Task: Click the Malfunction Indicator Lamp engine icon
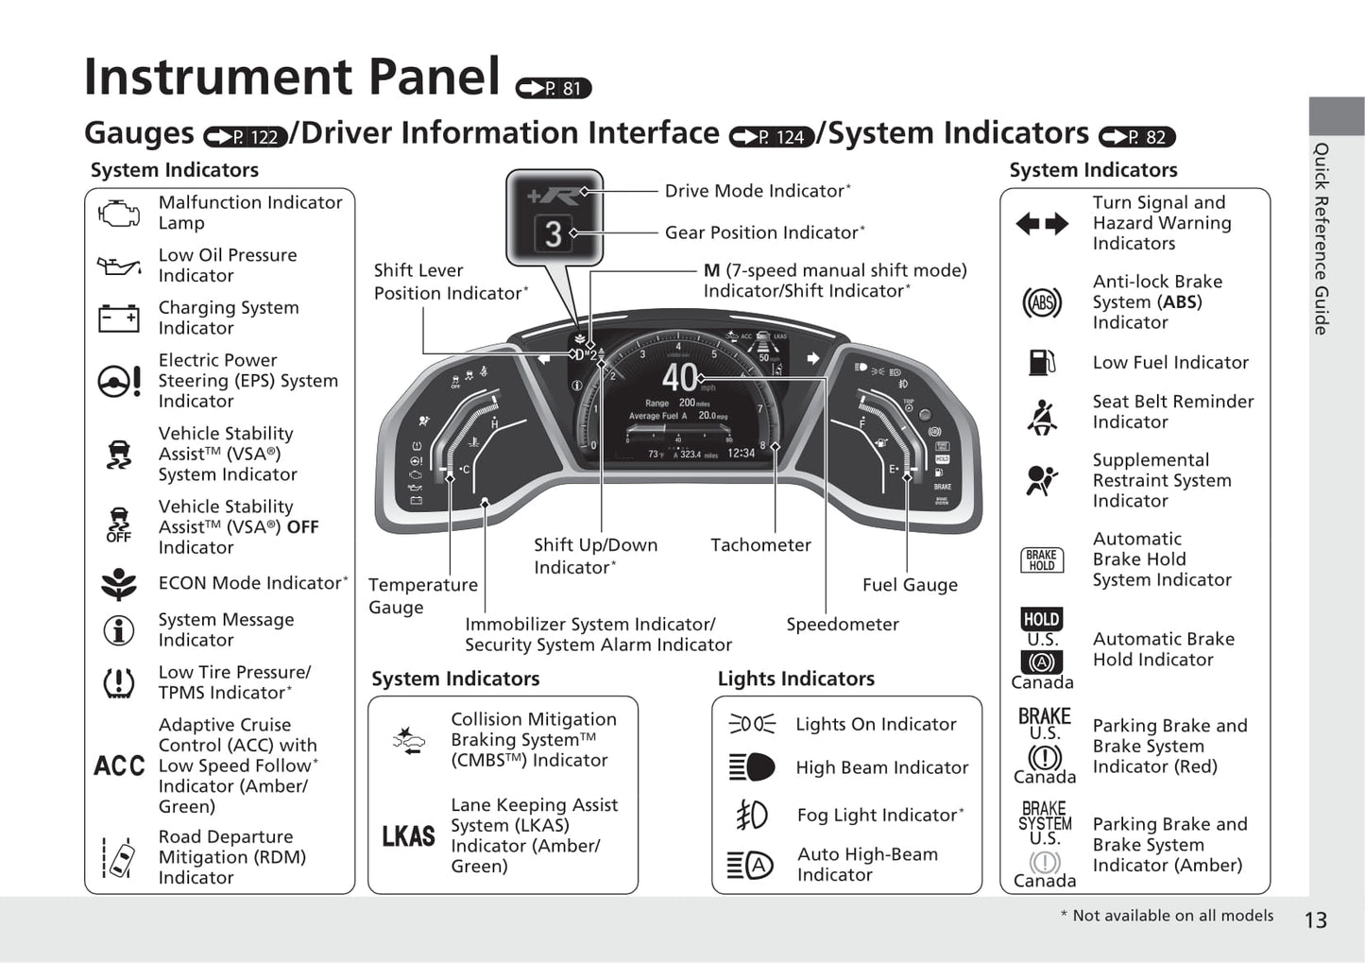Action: tap(119, 213)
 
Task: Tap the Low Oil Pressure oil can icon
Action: tap(119, 266)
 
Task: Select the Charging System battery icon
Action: tap(119, 318)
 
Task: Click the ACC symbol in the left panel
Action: tap(119, 765)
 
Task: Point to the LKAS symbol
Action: tap(408, 836)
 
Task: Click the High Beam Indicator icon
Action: tap(752, 767)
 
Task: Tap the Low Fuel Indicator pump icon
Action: tap(1041, 362)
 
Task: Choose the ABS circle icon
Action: tap(1042, 302)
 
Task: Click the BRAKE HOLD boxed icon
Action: tap(1042, 560)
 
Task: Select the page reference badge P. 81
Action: tap(554, 88)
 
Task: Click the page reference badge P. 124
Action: tap(772, 137)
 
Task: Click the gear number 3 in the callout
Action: tap(554, 232)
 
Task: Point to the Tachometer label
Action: tap(760, 545)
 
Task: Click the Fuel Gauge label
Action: tap(910, 585)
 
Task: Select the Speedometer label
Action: tap(843, 625)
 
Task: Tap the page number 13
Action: tap(1315, 920)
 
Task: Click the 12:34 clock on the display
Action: tap(742, 454)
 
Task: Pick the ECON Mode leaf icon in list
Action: tap(119, 584)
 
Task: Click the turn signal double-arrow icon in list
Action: tap(1042, 224)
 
